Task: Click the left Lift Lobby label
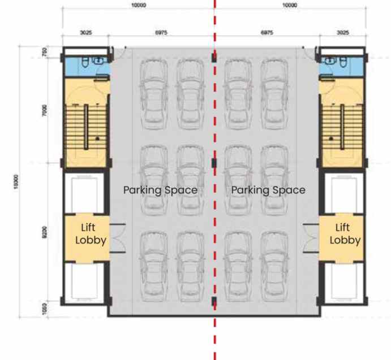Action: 91,233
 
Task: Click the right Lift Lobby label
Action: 345,233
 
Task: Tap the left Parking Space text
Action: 160,190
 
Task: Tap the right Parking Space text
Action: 268,190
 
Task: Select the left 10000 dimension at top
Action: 139,5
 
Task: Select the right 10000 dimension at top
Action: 290,5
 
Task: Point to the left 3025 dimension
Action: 86,33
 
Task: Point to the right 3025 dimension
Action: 343,33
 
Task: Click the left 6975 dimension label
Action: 161,33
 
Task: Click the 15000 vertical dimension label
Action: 16,182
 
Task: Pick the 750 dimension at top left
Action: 44,52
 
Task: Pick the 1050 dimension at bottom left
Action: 45,309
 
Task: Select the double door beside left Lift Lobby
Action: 118,238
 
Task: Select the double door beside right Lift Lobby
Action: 311,238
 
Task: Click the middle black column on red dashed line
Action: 214,163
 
